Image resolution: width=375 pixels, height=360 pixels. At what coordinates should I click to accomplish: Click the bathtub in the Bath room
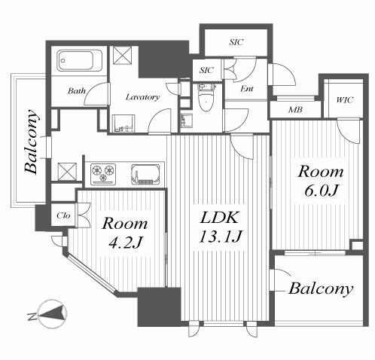tap(80, 60)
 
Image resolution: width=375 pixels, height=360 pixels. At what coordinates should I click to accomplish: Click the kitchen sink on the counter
tap(145, 175)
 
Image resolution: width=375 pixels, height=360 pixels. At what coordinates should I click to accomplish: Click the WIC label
tap(345, 100)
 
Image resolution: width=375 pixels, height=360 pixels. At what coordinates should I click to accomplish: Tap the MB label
tap(295, 110)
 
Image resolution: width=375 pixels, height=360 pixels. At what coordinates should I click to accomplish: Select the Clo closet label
tap(63, 215)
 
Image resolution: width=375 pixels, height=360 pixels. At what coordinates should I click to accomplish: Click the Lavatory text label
tap(142, 97)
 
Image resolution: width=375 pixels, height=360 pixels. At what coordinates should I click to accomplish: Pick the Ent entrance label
tap(247, 88)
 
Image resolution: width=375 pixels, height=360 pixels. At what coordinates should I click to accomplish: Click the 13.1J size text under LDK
tap(220, 236)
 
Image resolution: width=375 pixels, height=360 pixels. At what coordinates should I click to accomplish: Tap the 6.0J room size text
tap(320, 191)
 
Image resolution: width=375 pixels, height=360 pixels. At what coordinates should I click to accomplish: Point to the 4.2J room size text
tap(125, 243)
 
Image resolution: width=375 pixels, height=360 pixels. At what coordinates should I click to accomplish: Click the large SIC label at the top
tap(236, 42)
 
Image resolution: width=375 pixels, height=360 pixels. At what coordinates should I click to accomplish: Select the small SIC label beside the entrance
tap(206, 70)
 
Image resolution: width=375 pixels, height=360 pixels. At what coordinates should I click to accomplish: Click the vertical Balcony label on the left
tap(32, 142)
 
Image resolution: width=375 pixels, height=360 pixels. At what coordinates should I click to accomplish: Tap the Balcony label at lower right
tap(321, 288)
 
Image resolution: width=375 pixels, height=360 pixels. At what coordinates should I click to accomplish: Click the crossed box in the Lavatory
tap(122, 56)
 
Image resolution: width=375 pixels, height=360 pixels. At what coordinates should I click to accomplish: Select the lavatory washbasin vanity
tap(123, 124)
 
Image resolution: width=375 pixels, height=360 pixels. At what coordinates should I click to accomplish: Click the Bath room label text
tap(77, 90)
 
